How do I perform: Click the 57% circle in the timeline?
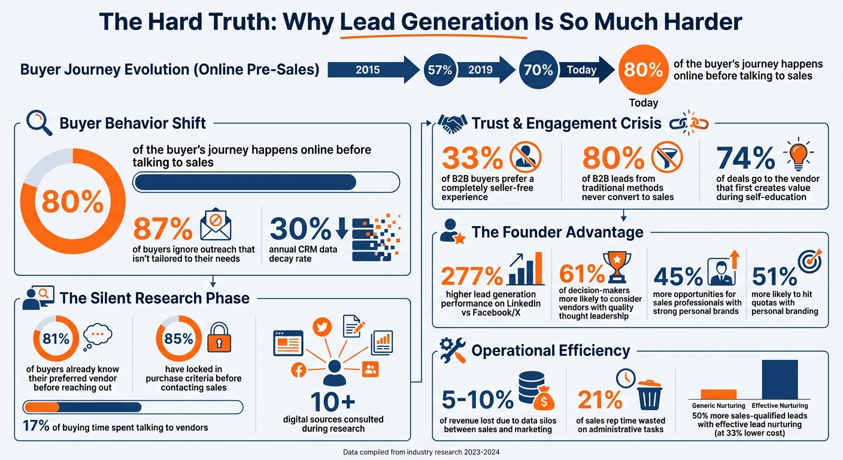[440, 70]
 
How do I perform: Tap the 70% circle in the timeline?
[538, 70]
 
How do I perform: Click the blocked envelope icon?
[216, 226]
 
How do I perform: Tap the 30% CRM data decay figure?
[300, 228]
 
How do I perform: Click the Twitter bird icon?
[322, 326]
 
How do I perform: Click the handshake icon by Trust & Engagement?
[453, 123]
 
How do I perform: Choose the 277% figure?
[471, 277]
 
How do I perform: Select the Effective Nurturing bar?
[780, 379]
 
